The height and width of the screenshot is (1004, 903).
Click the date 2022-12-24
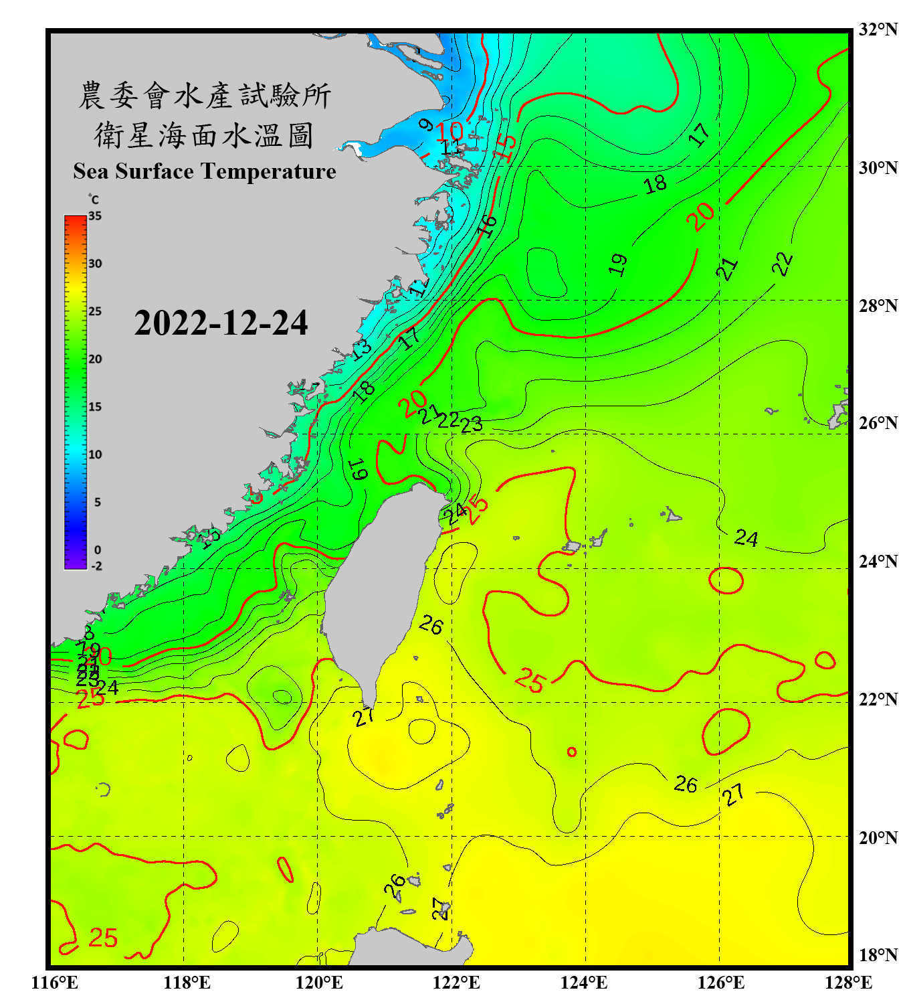(x=221, y=323)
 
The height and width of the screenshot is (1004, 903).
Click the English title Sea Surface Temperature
(x=205, y=171)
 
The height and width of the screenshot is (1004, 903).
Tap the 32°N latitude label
(x=878, y=29)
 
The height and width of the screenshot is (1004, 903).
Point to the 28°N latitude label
(x=878, y=306)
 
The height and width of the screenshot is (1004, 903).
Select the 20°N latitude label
(x=878, y=837)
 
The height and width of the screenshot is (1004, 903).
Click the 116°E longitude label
(x=55, y=983)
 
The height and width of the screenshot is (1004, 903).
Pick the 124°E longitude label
(x=584, y=983)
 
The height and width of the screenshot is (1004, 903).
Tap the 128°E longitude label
(x=848, y=983)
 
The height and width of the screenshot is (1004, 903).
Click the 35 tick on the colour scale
(x=95, y=216)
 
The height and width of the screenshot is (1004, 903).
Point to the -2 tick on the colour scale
(x=96, y=566)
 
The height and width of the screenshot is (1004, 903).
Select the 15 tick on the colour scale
(x=95, y=407)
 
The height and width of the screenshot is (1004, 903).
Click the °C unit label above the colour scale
(x=94, y=200)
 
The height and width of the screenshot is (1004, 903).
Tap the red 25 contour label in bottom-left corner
(x=103, y=938)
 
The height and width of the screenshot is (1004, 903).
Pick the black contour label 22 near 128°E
(x=782, y=264)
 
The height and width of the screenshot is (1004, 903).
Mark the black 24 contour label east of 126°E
(x=746, y=538)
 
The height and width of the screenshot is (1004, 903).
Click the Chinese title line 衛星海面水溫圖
(x=204, y=135)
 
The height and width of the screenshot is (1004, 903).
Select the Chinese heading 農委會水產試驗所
(x=204, y=96)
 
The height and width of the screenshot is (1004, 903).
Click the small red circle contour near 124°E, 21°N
(x=572, y=752)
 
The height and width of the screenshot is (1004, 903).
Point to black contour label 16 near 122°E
(x=487, y=226)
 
